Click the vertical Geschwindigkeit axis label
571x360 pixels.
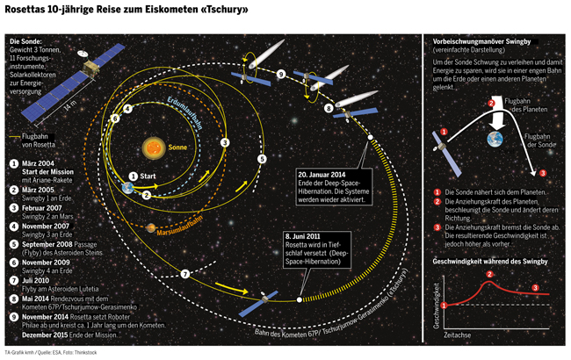point(437,304)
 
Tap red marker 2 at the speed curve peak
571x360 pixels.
point(490,274)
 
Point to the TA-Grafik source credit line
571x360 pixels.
point(48,352)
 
